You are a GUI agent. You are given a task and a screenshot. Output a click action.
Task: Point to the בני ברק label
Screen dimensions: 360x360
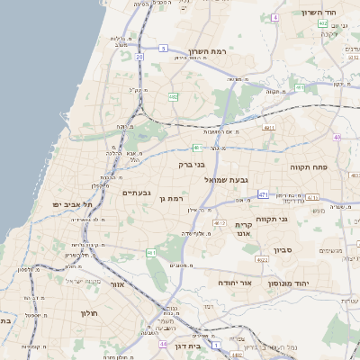coord(191,165)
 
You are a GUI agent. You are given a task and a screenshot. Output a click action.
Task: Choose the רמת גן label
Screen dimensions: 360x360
coord(170,198)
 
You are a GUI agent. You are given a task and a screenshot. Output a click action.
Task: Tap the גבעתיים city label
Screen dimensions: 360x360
coord(136,193)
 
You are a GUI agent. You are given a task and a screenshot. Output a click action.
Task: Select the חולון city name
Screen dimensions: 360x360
coord(87,312)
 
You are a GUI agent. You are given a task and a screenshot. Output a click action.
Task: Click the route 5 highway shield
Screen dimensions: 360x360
coord(163,47)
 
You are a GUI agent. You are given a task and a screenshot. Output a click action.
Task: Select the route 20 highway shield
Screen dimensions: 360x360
coord(139,57)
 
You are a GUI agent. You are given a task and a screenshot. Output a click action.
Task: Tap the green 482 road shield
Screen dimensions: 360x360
coord(172,96)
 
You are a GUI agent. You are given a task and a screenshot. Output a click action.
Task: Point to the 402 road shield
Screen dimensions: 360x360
coord(196,147)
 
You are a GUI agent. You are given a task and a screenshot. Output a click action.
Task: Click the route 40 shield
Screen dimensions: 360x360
coord(337,138)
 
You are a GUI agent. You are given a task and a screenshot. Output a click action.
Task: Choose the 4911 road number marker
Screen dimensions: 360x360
coord(268,128)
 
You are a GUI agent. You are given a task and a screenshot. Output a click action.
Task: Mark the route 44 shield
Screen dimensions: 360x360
coord(163,343)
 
